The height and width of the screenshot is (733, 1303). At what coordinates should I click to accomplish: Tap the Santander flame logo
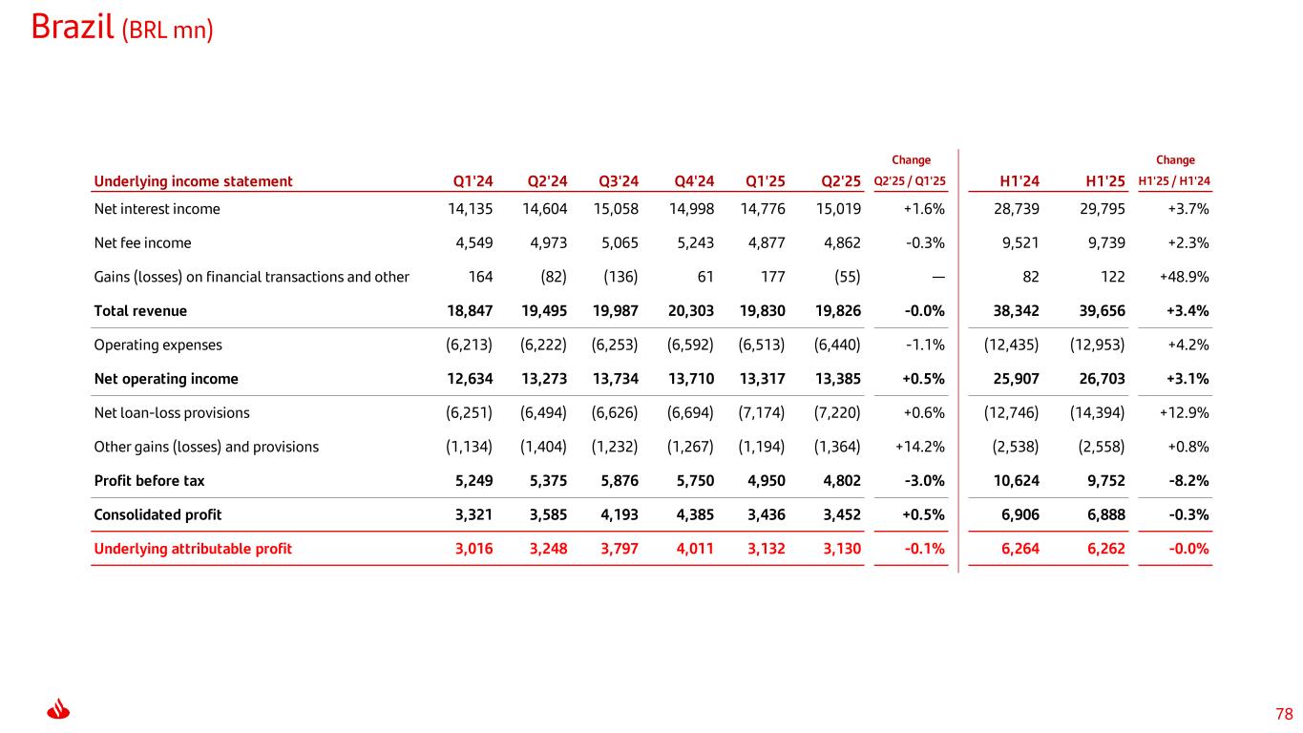click(x=59, y=711)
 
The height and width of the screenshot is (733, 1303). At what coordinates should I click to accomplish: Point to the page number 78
click(x=1284, y=714)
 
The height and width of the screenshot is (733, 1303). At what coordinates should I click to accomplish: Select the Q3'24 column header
click(x=619, y=181)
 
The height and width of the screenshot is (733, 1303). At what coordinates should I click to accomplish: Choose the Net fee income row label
click(x=142, y=242)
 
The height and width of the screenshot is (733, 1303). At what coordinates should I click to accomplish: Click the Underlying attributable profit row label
click(x=193, y=549)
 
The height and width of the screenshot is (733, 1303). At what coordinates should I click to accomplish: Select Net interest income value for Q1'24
click(x=471, y=209)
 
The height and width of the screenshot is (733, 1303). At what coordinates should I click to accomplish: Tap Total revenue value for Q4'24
click(x=689, y=311)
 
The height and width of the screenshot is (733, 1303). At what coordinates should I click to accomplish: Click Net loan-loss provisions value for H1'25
click(x=1098, y=413)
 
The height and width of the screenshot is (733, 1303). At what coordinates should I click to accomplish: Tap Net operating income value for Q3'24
click(x=616, y=379)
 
